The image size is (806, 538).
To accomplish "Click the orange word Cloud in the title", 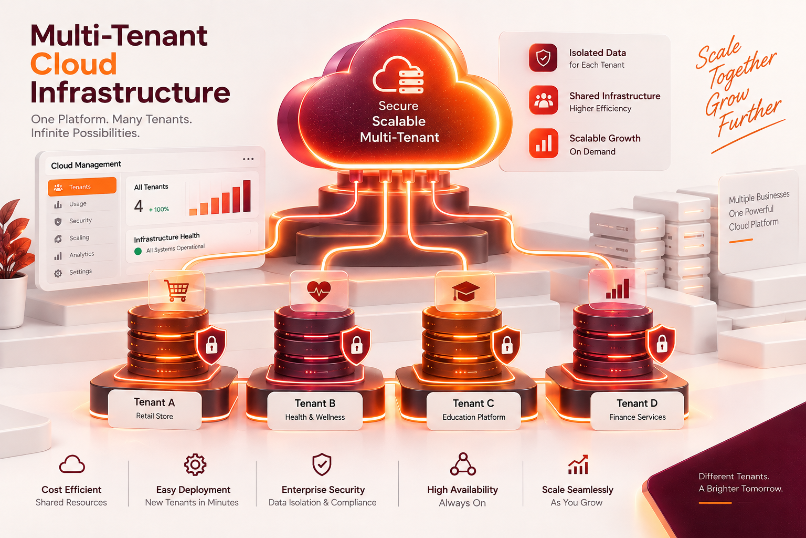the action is coord(74,64).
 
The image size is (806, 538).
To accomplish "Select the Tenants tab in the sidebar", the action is coord(82,187).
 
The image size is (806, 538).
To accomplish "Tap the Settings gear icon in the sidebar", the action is coord(58,273).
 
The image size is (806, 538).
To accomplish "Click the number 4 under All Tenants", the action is coord(139,206).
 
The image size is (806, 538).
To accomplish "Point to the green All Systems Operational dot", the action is coord(138,251).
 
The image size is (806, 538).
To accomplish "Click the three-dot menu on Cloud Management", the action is coord(248,159).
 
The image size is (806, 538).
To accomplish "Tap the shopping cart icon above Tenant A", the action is coord(176,291).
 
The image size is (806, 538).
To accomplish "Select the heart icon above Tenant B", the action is coord(319,291).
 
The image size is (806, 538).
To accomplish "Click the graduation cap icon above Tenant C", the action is coord(465,291).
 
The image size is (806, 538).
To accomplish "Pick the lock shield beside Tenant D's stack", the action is coord(661,344).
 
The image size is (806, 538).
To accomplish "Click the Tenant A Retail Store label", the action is coord(155,409).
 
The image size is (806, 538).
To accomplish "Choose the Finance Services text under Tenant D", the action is coord(637,417).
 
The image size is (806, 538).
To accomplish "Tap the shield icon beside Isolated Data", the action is coord(543,58).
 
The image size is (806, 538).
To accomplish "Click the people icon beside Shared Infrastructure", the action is coord(543,100).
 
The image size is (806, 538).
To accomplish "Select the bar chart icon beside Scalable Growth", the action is coord(544,143).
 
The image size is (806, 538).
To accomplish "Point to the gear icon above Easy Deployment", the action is coord(195,464).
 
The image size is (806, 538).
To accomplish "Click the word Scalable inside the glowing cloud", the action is coord(399,121).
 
